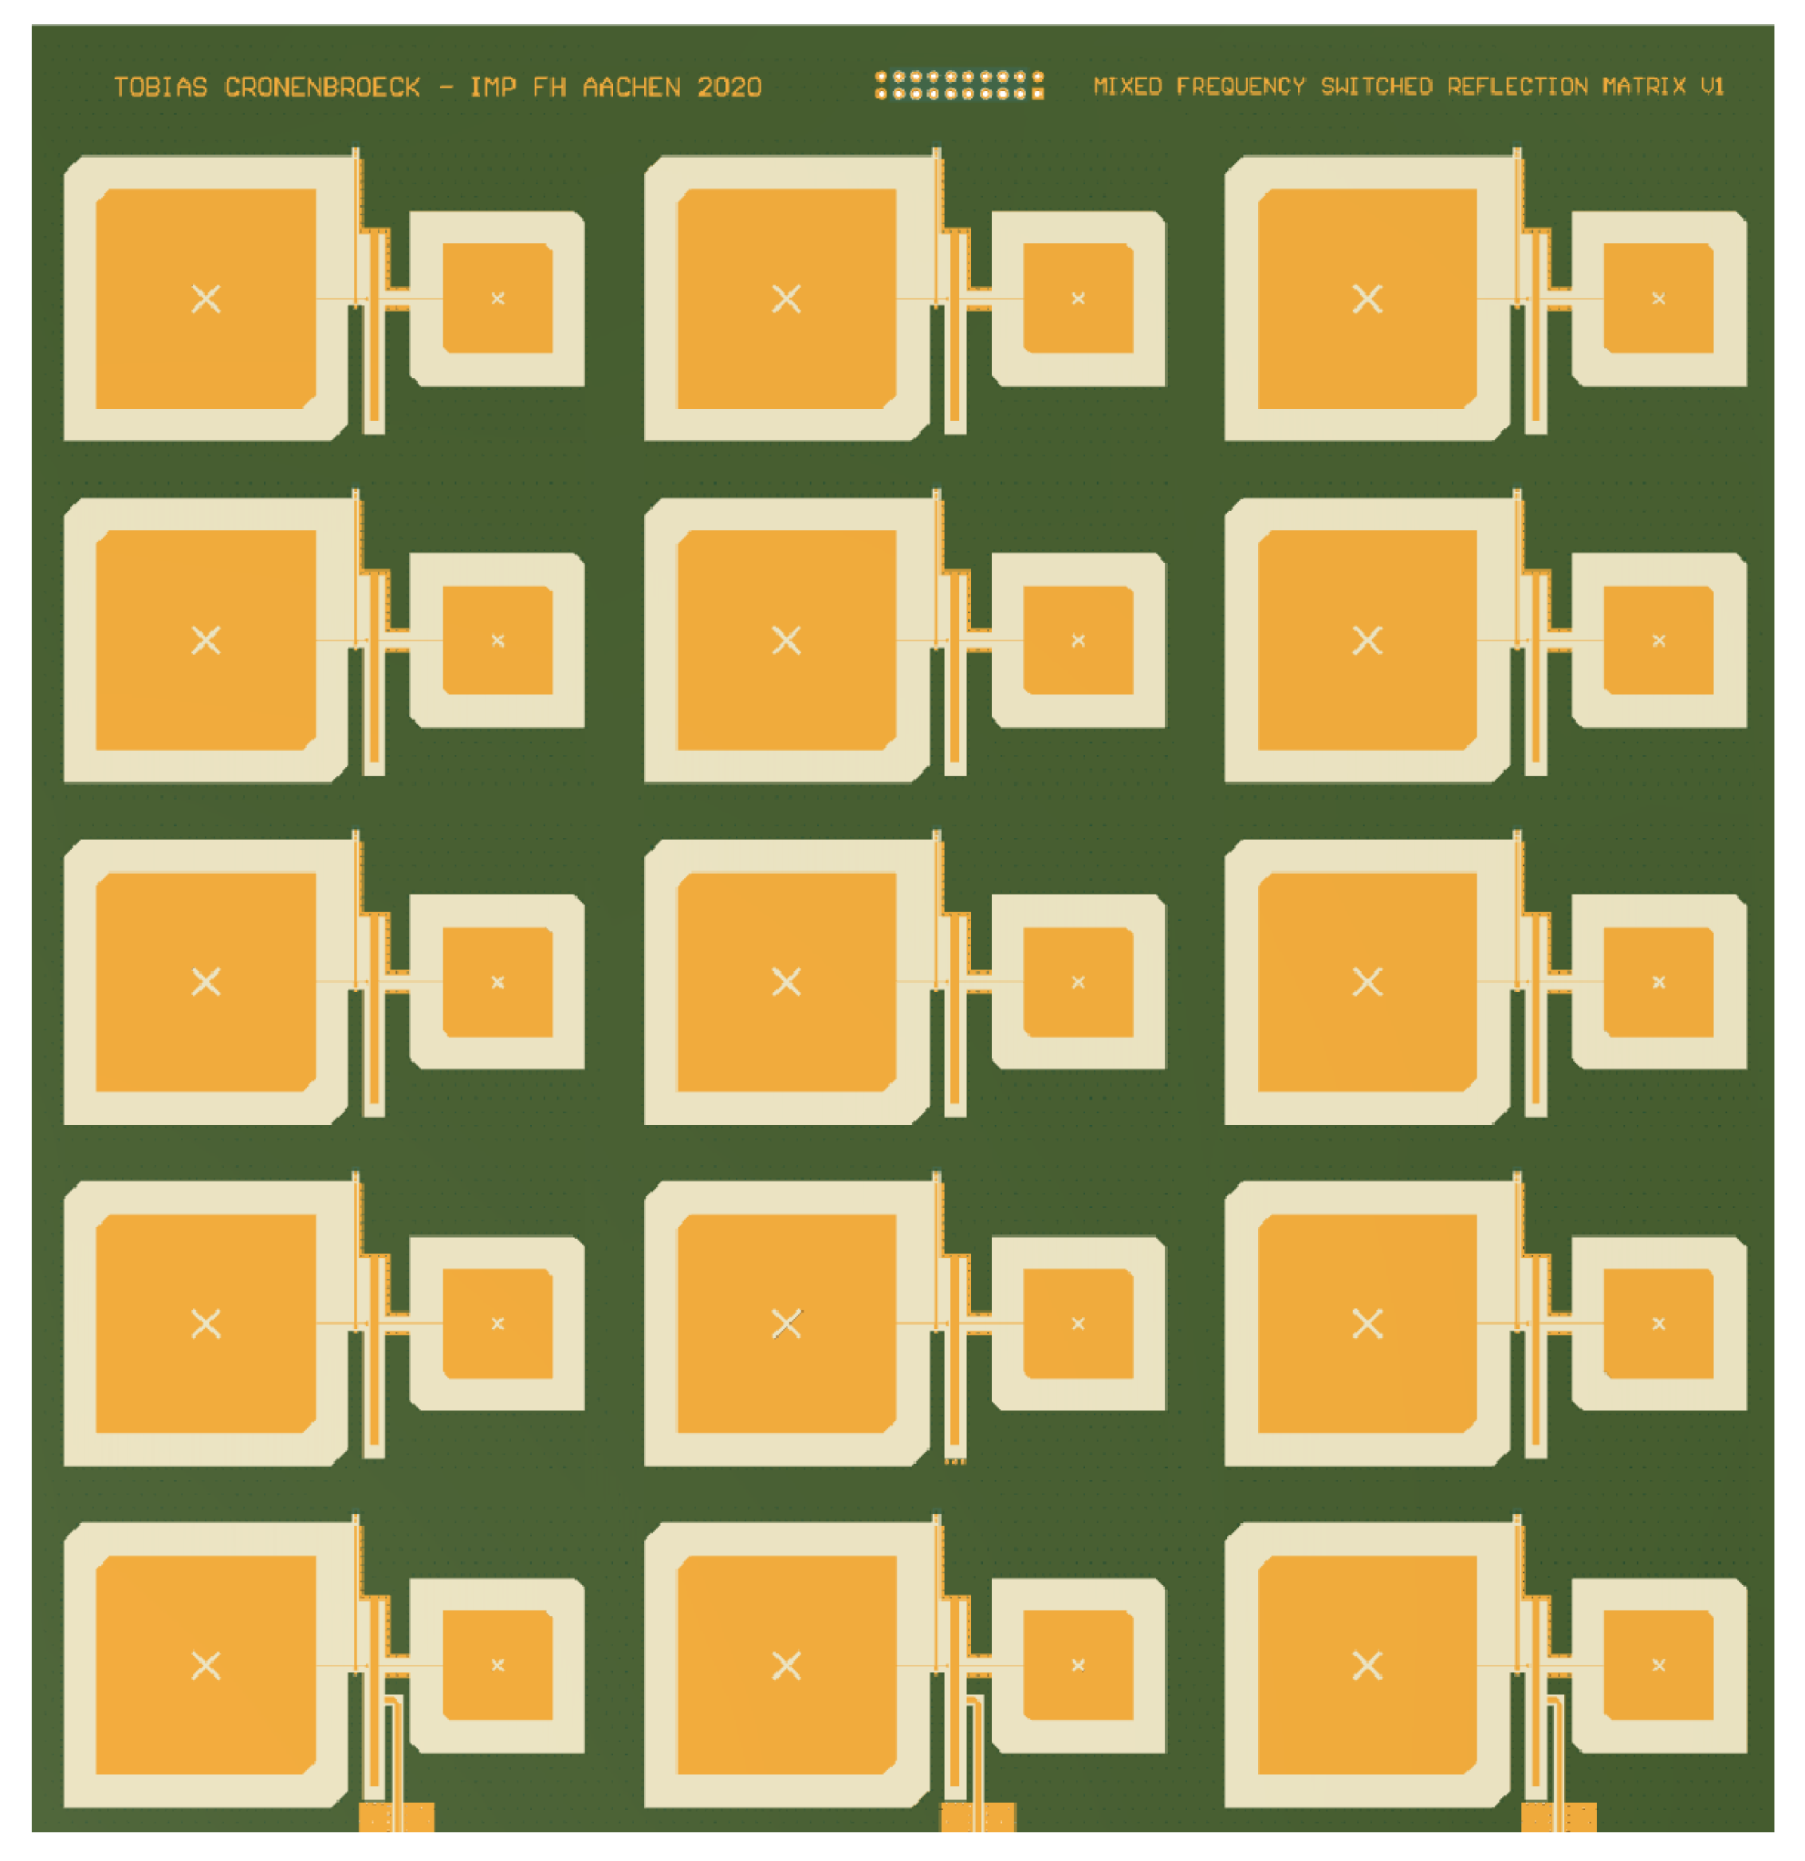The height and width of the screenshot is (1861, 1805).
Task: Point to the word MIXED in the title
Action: pos(1127,86)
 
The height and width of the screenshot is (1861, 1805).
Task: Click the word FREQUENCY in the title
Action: pos(1240,86)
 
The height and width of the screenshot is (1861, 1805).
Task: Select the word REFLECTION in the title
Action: pos(1517,86)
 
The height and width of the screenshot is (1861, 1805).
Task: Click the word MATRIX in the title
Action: pos(1644,86)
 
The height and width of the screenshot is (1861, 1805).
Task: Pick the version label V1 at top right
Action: pos(1712,86)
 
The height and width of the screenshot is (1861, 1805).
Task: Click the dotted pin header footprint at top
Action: pos(959,85)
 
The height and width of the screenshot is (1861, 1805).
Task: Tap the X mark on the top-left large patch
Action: pos(206,299)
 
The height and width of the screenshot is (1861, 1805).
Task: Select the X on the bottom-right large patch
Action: pos(1367,1666)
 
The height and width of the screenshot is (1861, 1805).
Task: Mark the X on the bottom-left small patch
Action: pos(497,1665)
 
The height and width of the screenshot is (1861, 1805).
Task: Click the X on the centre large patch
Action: pos(786,982)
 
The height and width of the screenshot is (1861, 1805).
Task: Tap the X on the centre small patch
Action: pos(1078,982)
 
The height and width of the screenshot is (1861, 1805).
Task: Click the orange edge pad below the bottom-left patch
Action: pos(396,1816)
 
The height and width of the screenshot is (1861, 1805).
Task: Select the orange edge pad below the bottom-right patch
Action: pos(1557,1816)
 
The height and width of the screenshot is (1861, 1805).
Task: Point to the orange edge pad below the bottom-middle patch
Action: pos(977,1816)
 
